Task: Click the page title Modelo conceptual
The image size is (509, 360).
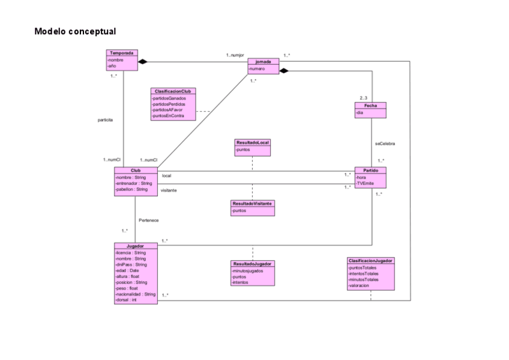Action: pos(75,31)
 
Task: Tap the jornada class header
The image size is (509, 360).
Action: pos(264,62)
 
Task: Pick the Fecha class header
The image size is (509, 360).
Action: pos(370,105)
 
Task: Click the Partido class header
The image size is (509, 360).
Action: pos(370,170)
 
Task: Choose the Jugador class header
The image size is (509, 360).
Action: pos(136,246)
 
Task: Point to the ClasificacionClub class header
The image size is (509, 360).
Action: pos(173,91)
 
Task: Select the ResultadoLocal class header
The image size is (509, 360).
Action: pos(253,142)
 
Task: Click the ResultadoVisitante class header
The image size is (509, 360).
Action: pos(253,204)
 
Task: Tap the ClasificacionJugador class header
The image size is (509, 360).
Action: pos(370,261)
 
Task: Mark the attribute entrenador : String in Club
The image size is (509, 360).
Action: pos(134,183)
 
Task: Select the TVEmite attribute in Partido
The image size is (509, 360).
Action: pos(366,184)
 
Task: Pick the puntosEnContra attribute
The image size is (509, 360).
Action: pos(169,115)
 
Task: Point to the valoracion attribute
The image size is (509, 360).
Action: pos(359,286)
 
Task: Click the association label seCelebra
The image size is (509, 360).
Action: pos(385,144)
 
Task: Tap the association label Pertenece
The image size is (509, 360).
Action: pos(149,220)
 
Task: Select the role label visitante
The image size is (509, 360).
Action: pos(169,190)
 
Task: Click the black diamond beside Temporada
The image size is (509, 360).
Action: pos(143,61)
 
